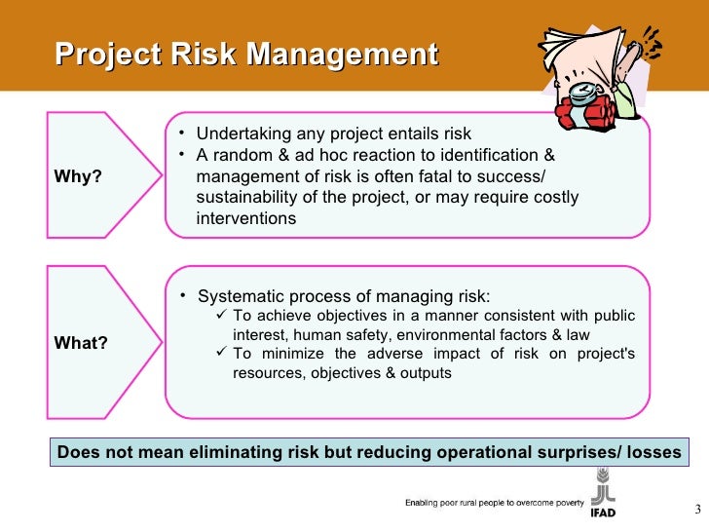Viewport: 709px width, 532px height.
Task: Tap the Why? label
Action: pyautogui.click(x=79, y=176)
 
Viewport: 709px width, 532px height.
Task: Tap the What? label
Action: pyautogui.click(x=81, y=343)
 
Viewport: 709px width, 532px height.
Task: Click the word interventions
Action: pyautogui.click(x=246, y=219)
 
